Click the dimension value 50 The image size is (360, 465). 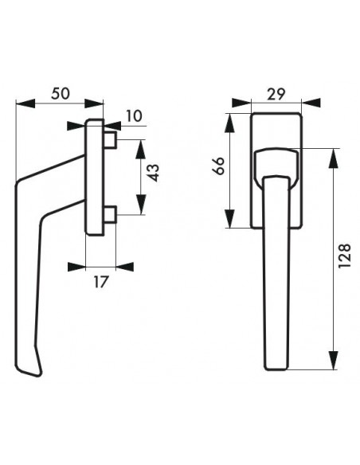pos(61,93)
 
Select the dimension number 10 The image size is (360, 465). pos(134,115)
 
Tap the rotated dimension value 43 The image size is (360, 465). pos(154,173)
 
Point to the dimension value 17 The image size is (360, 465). pos(100,282)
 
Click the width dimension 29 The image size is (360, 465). pos(276,94)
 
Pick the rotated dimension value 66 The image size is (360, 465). pos(218,166)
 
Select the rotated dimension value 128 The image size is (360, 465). pos(344,256)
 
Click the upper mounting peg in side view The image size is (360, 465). pos(110,140)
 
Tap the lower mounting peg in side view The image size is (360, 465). pos(110,215)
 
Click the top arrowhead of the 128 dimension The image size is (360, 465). pos(334,158)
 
